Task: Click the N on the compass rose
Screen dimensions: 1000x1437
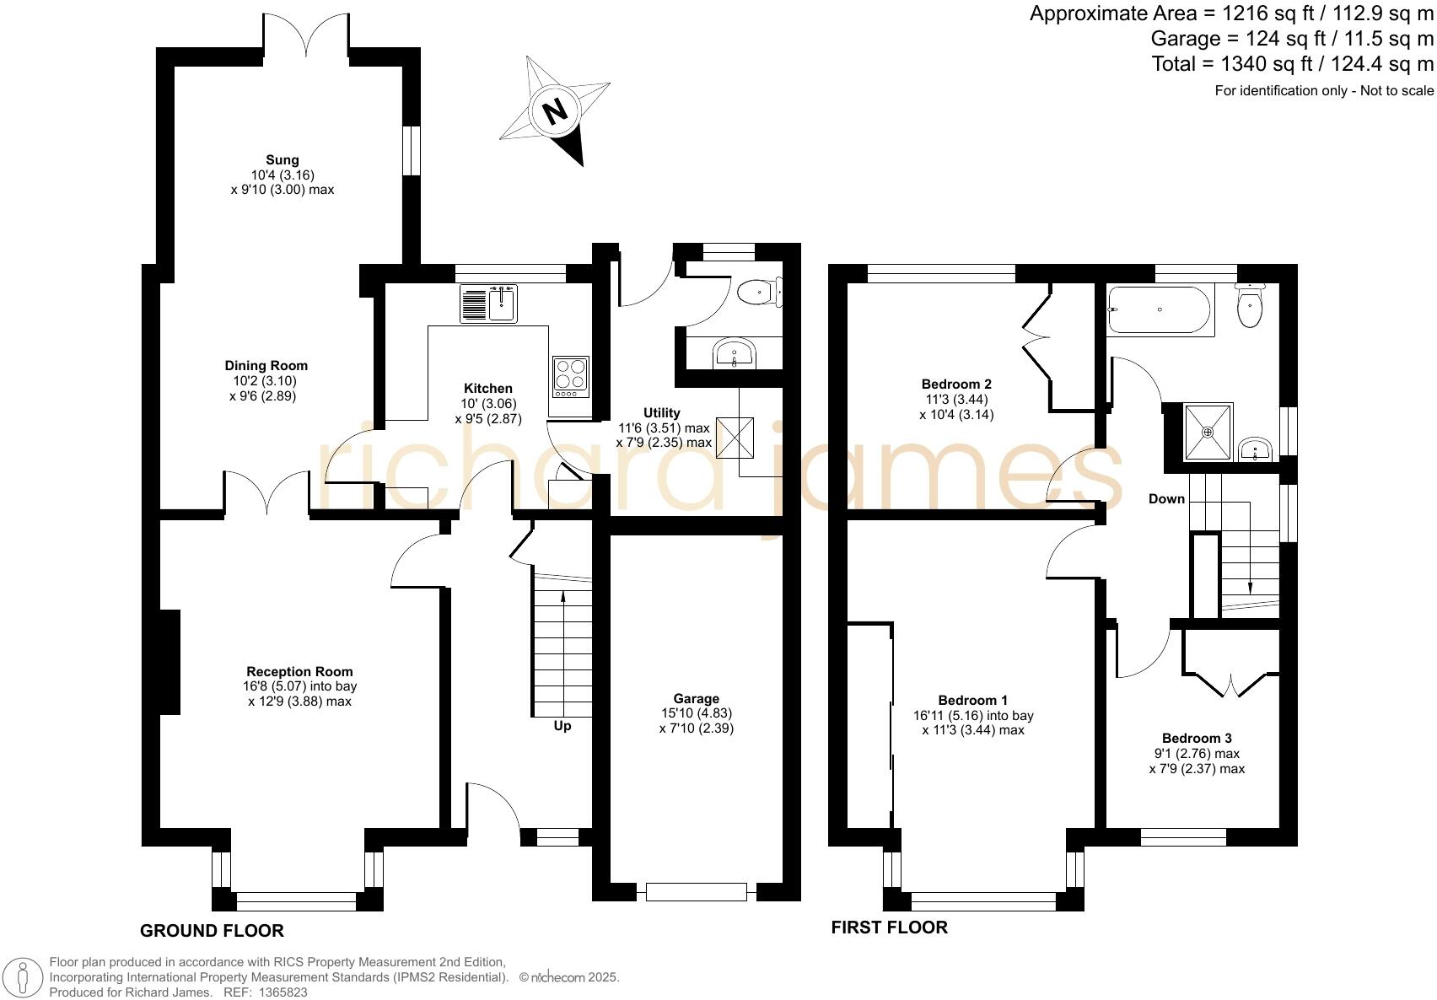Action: click(x=554, y=110)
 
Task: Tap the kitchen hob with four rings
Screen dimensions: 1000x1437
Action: click(x=570, y=377)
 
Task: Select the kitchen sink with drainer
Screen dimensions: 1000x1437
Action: click(x=488, y=304)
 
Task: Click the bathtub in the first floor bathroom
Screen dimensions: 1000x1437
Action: click(x=1160, y=309)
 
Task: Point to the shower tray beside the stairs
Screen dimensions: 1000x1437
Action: click(x=1208, y=432)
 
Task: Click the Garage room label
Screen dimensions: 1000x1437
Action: click(x=696, y=698)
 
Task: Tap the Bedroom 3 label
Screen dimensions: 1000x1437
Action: click(x=1196, y=738)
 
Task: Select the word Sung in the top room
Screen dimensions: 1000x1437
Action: click(x=283, y=159)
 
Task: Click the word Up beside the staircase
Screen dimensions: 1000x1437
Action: click(x=562, y=726)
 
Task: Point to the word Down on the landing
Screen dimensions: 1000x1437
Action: click(x=1166, y=498)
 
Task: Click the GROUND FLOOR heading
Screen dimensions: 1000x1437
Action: click(x=212, y=931)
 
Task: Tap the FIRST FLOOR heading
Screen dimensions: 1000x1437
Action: click(x=889, y=927)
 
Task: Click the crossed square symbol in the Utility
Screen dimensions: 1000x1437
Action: click(x=732, y=438)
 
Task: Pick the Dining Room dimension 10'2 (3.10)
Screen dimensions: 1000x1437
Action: click(x=266, y=381)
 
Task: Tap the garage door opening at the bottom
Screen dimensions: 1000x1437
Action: click(x=697, y=891)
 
